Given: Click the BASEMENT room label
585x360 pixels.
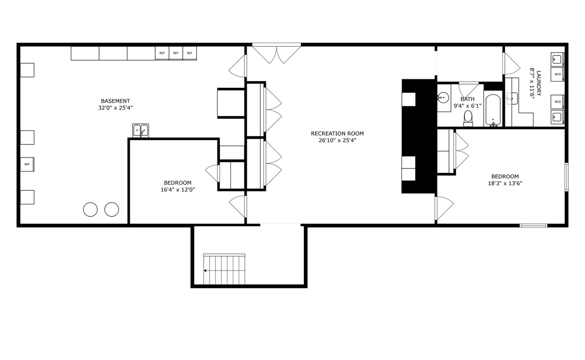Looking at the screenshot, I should point(115,101).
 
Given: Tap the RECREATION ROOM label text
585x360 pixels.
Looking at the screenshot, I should point(337,133).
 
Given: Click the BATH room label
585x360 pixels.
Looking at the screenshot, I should point(468,99).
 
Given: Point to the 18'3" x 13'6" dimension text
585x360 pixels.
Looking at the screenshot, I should point(505,183).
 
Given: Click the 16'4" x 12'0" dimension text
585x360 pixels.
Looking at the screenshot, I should point(177,189).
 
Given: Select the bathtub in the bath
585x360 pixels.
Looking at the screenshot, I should point(493,109).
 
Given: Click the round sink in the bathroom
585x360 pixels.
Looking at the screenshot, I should point(443,97).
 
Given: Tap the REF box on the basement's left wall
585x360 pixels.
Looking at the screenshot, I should point(27,164).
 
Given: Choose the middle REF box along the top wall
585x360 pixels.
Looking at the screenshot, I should point(175,53).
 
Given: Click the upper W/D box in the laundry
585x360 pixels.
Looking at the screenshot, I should point(558,74).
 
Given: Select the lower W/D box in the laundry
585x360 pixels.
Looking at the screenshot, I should point(558,102).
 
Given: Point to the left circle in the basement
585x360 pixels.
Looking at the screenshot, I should point(90,209).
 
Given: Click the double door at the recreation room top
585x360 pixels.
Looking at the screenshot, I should point(276,53).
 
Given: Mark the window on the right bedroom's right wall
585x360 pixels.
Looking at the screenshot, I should point(567,177).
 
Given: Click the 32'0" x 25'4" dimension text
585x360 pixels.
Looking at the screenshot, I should point(115,108).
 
